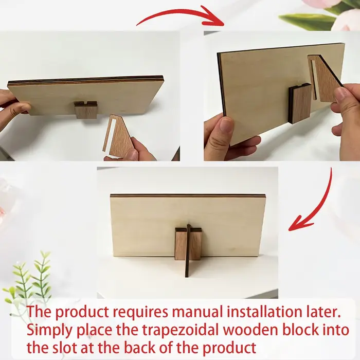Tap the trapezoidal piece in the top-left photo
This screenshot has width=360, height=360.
[x=120, y=135]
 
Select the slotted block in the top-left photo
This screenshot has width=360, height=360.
[x=85, y=110]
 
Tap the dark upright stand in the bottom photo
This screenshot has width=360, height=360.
[x=188, y=251]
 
